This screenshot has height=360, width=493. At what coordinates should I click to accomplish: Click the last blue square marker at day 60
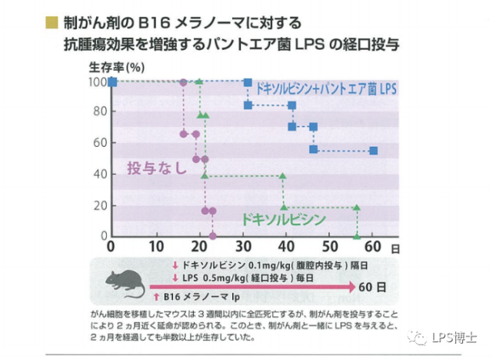(373, 151)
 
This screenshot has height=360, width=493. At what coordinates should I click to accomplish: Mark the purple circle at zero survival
(212, 235)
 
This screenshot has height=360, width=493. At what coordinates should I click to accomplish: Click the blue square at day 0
(112, 82)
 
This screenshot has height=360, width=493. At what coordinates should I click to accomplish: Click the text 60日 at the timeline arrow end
(375, 286)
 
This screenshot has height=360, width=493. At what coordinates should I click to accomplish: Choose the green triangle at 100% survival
(199, 82)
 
